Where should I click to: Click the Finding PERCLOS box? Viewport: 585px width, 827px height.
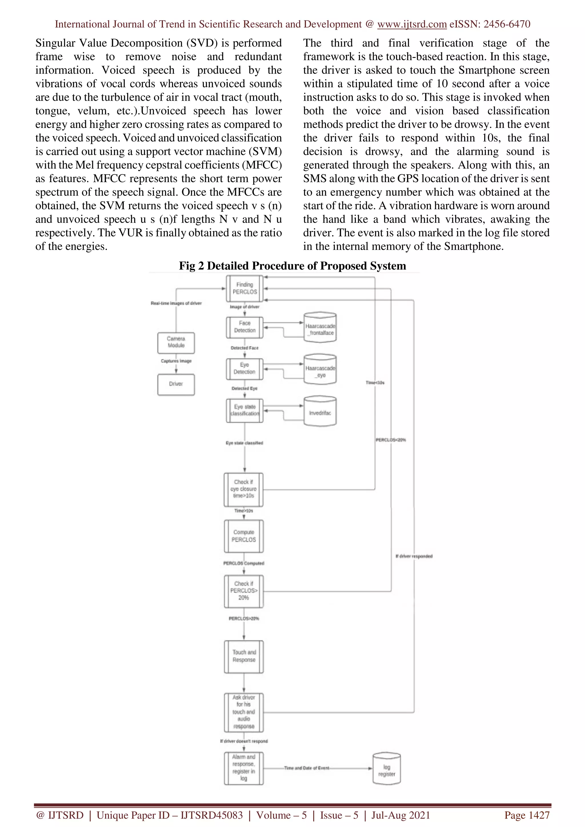245,288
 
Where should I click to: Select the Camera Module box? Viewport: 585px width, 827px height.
176,342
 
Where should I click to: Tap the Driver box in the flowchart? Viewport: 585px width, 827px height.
176,384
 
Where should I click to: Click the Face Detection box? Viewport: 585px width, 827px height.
245,327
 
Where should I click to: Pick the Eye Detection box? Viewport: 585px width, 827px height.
245,368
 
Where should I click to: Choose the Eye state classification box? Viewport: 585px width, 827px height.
245,410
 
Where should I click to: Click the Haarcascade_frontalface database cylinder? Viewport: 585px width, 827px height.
320,327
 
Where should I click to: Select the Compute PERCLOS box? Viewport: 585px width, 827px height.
244,536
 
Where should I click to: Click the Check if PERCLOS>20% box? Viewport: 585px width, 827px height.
244,591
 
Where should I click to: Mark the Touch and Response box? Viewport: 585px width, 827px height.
244,656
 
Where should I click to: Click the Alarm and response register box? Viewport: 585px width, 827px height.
244,768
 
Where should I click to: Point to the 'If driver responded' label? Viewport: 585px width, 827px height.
414,556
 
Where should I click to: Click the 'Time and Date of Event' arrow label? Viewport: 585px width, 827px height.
306,768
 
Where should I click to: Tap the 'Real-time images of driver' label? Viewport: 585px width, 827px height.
176,303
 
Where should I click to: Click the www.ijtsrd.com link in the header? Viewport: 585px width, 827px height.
412,24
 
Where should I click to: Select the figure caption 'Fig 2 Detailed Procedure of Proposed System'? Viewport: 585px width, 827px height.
292,266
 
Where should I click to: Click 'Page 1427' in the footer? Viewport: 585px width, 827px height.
527,815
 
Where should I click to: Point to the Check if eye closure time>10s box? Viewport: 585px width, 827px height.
244,489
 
